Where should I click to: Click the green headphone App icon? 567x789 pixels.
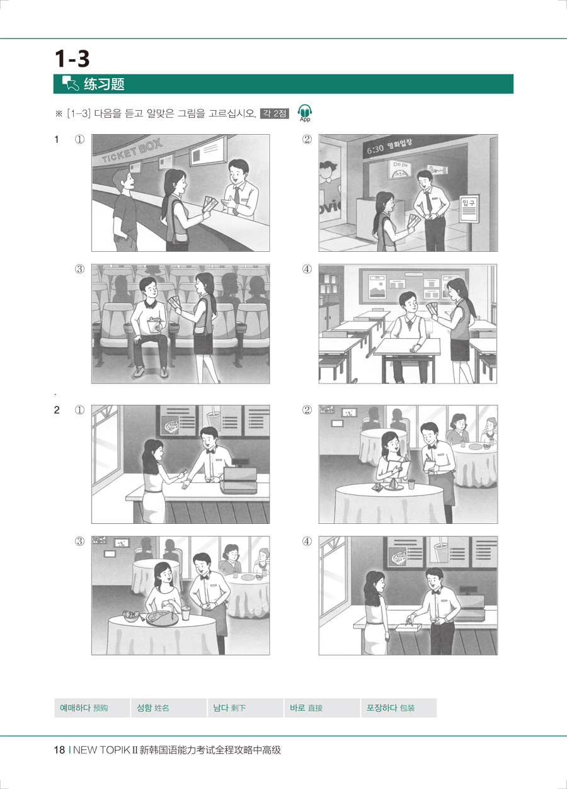click(x=305, y=113)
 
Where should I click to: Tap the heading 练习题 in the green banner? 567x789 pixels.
click(x=105, y=84)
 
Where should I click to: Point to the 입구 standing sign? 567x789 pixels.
click(x=469, y=208)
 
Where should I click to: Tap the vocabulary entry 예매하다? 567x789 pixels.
click(x=75, y=708)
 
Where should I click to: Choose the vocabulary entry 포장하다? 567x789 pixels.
click(x=382, y=708)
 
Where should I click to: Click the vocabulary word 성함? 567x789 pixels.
click(x=144, y=708)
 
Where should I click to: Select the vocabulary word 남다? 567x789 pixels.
click(x=220, y=708)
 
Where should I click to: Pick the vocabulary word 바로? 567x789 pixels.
click(x=297, y=708)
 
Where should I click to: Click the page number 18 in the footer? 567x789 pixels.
click(x=59, y=750)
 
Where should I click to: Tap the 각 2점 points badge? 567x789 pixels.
click(x=275, y=113)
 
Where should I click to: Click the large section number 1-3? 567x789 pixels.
click(x=72, y=59)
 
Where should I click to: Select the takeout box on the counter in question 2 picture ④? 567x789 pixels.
click(x=408, y=627)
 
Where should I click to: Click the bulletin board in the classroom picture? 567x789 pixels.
click(x=414, y=286)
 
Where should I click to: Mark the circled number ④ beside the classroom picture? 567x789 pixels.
click(x=307, y=269)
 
